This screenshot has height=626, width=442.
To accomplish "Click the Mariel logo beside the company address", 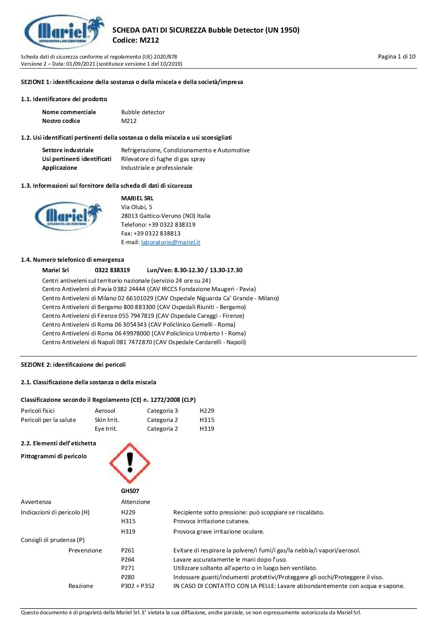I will (x=68, y=216).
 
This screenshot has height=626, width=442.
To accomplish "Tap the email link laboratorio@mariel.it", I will (x=170, y=242).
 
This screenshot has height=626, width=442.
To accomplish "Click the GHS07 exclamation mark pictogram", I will (x=130, y=463).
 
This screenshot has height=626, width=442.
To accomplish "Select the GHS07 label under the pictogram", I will (x=130, y=491).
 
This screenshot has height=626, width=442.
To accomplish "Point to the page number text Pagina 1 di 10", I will (x=396, y=56).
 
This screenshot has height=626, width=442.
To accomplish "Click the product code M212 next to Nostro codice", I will (x=129, y=121).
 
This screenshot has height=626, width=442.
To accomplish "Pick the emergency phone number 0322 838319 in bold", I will (x=112, y=270).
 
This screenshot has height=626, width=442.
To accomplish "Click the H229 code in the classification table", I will (x=207, y=411).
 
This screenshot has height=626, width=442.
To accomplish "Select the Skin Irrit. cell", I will (x=107, y=420).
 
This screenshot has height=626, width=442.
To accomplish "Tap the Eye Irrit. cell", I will (x=106, y=429).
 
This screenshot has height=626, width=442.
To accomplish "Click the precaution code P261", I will (x=128, y=550).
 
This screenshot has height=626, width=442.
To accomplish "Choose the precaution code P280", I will (x=128, y=577).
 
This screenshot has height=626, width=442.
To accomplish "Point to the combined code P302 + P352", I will (x=138, y=586).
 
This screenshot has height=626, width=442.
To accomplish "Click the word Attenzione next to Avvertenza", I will (x=136, y=502).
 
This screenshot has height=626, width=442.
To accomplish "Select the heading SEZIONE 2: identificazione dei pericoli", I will (x=73, y=365).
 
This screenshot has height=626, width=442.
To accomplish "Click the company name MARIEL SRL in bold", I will (x=137, y=198).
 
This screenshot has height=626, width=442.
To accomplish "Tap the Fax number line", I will (x=151, y=233).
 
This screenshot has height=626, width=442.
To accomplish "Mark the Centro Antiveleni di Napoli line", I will (x=144, y=342).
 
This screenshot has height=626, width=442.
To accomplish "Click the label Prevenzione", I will (x=85, y=550).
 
